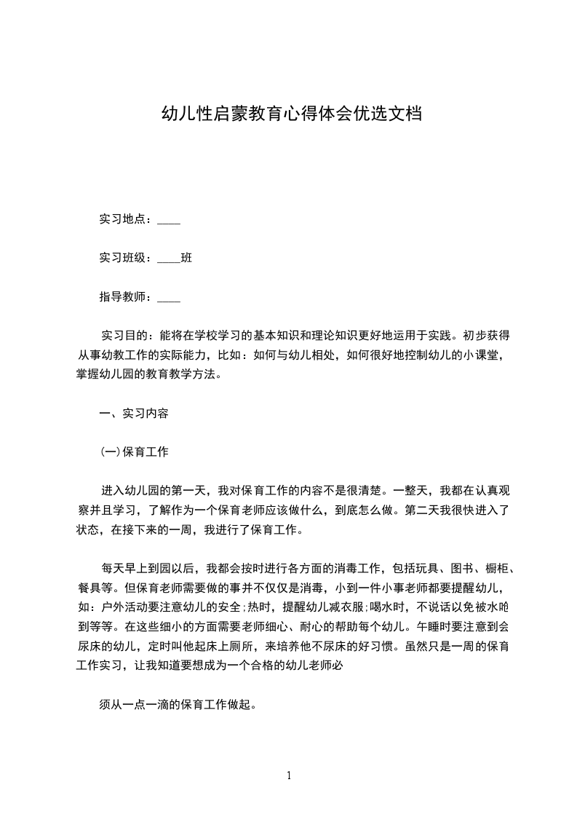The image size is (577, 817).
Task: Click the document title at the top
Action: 291,114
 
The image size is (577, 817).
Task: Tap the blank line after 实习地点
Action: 169,221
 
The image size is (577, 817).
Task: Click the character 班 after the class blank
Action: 186,258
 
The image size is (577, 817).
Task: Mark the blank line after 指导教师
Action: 169,299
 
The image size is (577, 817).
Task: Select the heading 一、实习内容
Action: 134,414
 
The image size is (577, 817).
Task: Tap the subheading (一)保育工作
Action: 134,452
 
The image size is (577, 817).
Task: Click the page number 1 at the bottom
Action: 289,775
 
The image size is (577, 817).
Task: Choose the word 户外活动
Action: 122,606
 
